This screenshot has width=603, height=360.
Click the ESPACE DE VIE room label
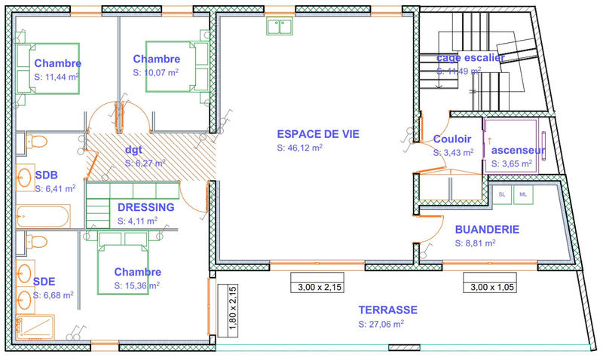click(x=318, y=134)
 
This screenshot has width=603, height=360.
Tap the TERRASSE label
click(x=387, y=310)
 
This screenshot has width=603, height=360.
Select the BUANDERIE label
click(x=487, y=230)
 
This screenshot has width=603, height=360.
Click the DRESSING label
click(x=145, y=207)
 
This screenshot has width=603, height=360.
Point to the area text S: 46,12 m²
click(x=300, y=148)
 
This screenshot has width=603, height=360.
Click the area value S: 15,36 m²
click(x=136, y=285)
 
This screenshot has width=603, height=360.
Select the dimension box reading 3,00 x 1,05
click(x=493, y=287)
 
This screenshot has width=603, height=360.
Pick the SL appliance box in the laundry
click(x=503, y=194)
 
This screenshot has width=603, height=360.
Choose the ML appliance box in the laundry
click(x=522, y=194)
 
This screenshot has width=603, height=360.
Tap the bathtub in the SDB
click(x=42, y=217)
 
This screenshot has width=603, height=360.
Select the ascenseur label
click(x=519, y=150)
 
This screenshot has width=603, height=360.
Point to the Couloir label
click(x=452, y=139)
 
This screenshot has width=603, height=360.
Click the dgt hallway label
click(x=133, y=149)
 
